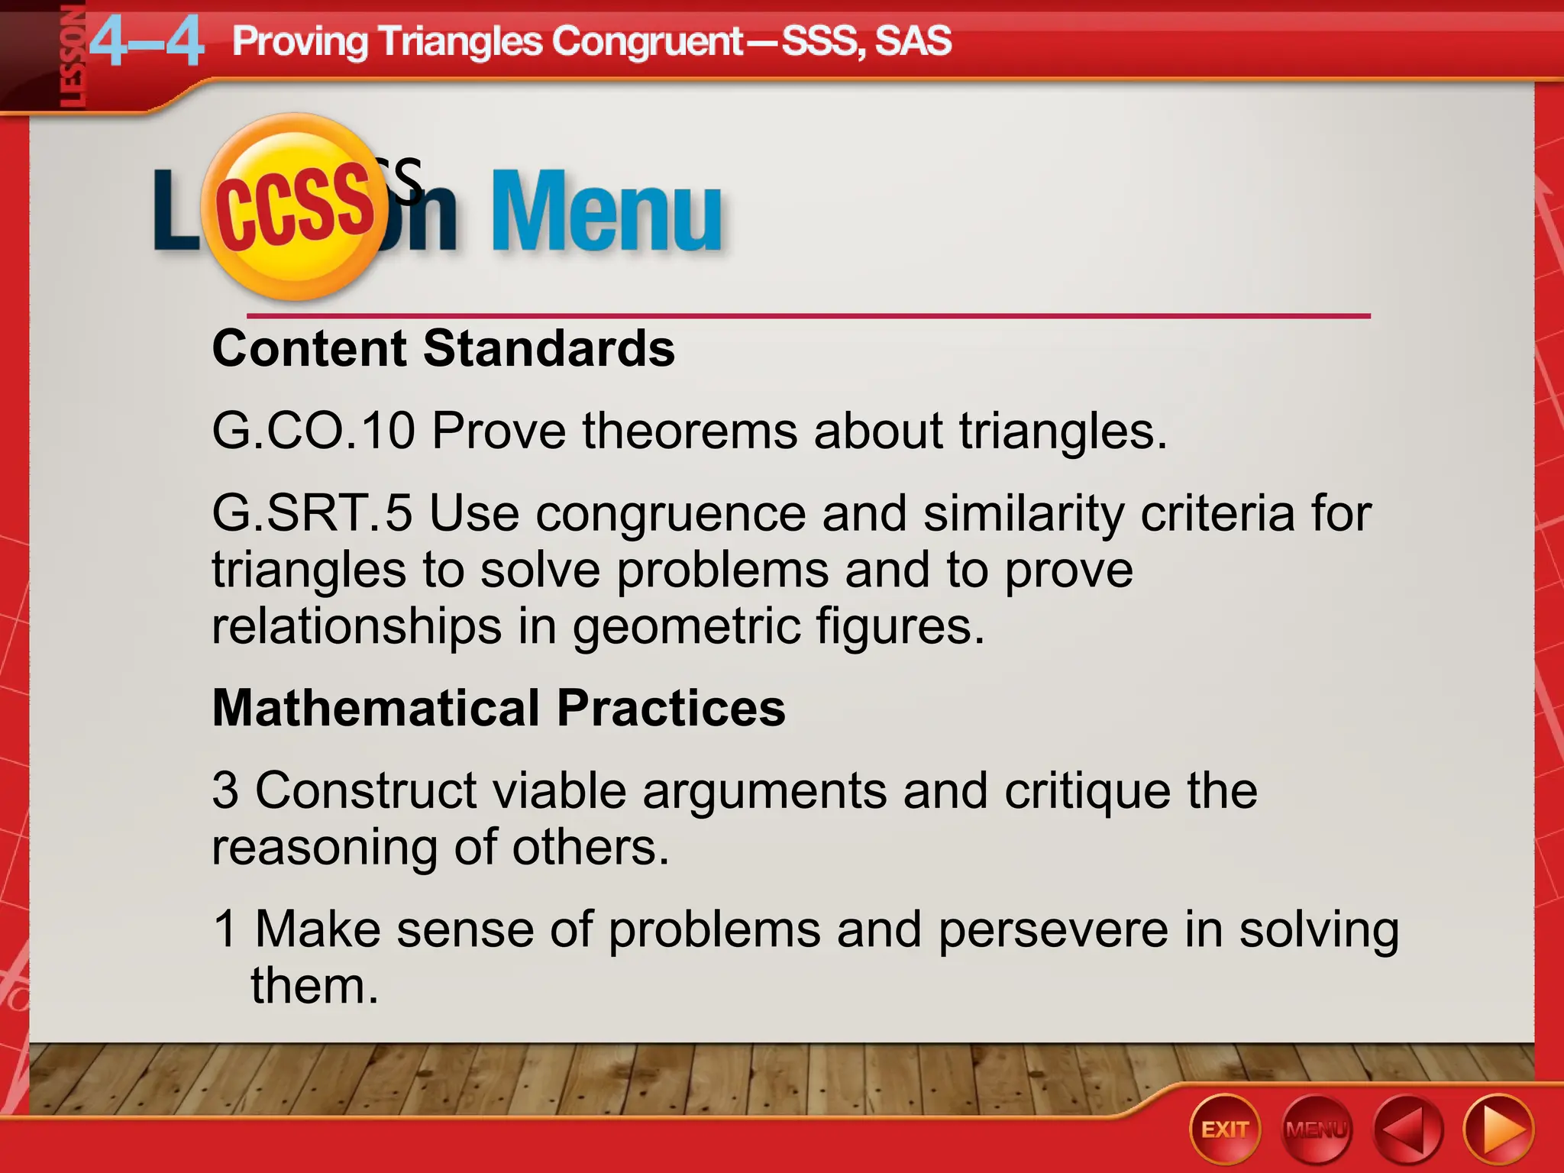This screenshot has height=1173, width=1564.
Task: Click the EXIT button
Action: coord(1224,1129)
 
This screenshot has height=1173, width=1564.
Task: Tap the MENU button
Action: coord(1316,1129)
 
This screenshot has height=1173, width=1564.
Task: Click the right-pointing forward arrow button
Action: coord(1498,1129)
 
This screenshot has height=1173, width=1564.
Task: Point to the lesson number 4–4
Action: coord(147,42)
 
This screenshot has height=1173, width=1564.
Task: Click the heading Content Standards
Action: coord(443,348)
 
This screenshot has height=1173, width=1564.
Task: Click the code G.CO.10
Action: coord(313,431)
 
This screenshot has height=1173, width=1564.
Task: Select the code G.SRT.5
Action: coord(312,512)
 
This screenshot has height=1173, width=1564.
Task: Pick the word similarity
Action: coord(1023,512)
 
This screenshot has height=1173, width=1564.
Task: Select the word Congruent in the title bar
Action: coord(648,40)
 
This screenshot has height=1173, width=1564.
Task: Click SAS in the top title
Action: coord(913,40)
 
